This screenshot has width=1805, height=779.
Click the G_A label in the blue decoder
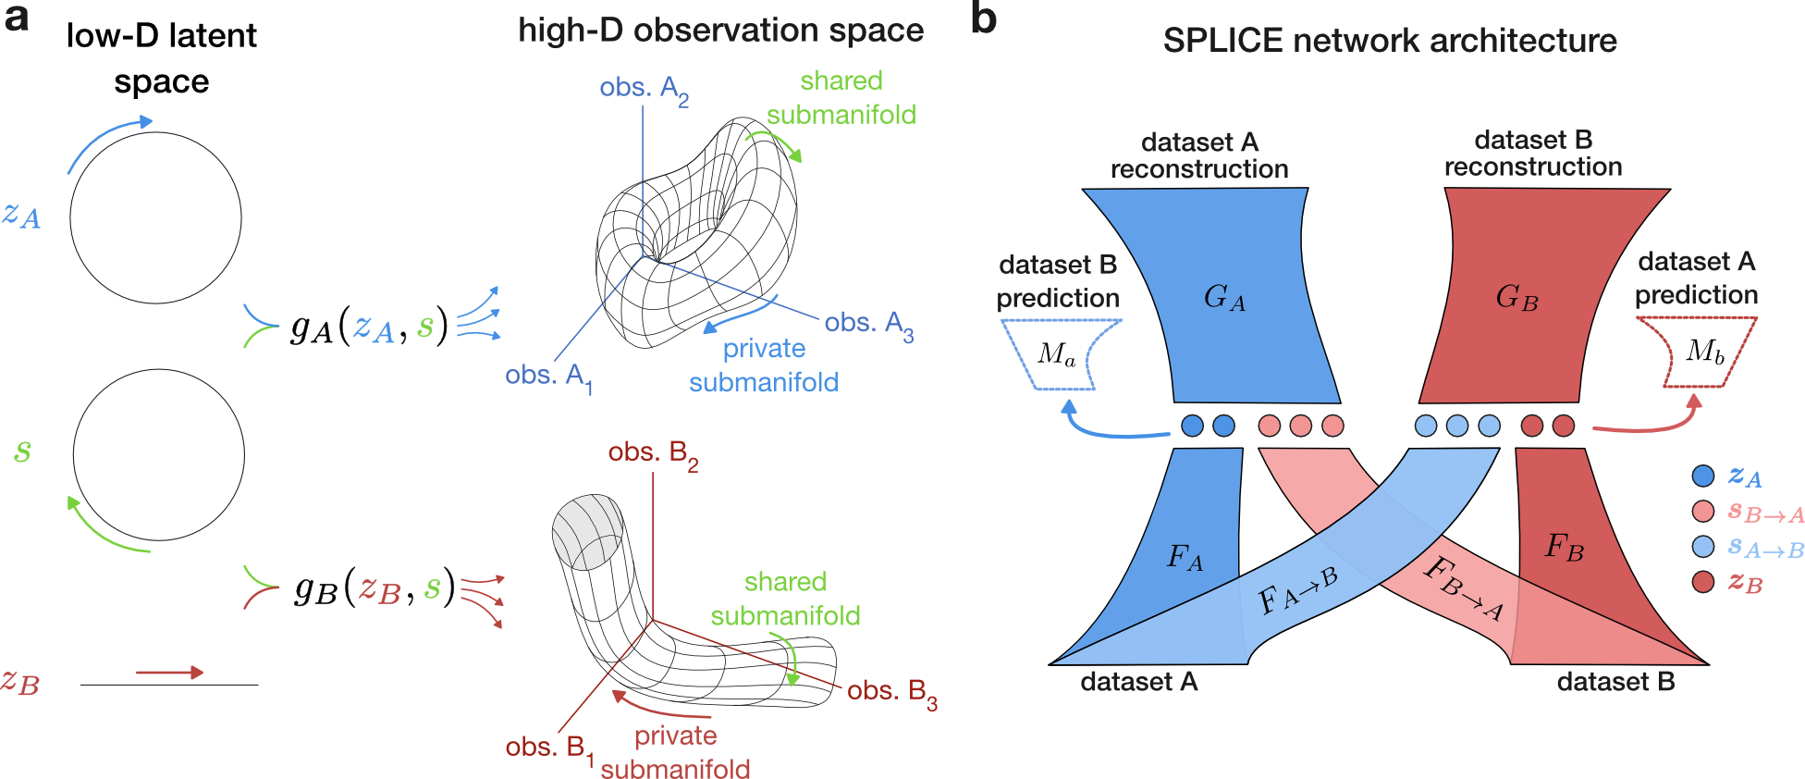coord(1224,297)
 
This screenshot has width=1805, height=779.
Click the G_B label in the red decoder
coord(1516,297)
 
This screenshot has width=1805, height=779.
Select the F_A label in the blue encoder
coord(1185,557)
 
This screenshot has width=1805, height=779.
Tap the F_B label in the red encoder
coord(1564,547)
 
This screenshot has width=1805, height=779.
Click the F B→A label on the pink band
coord(1464,587)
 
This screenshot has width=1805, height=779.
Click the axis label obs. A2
coord(644,90)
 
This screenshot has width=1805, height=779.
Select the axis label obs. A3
coord(868,325)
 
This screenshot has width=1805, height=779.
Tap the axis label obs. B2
coord(652,454)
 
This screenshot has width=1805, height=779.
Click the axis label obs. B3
coord(891,693)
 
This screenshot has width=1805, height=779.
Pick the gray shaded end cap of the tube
coord(587,532)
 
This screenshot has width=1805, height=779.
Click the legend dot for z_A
coord(1702,476)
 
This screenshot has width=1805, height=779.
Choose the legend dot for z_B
coord(1702,582)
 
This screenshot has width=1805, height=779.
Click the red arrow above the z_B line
coord(168,673)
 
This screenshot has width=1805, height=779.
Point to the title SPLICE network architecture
coord(1389,41)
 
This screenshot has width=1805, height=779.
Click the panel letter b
coord(983,19)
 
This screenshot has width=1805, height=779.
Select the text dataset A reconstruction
coord(1198,155)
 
